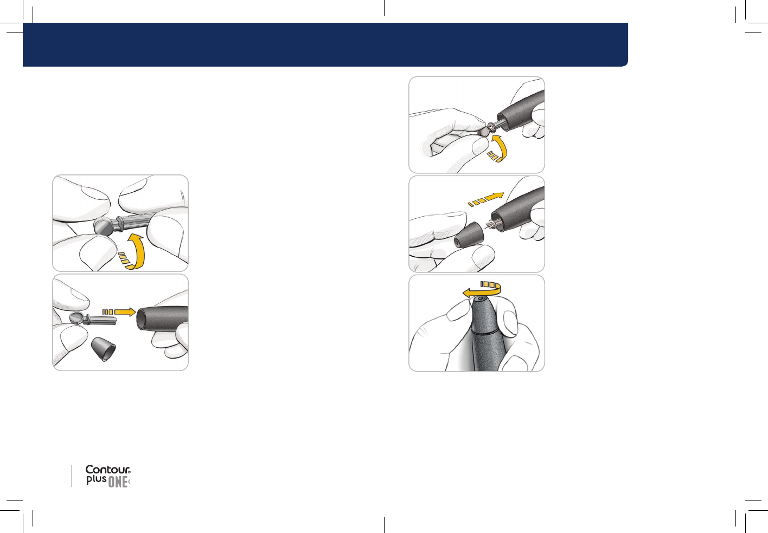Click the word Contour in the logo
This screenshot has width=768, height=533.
coord(107,470)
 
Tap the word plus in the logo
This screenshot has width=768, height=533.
coord(97,480)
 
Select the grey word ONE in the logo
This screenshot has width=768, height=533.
coord(118,482)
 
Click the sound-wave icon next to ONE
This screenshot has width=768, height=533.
coord(129,482)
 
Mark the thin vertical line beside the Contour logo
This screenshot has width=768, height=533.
coord(72,476)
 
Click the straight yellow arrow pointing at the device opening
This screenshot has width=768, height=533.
coord(119,312)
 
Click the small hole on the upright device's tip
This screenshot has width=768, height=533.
coord(481,299)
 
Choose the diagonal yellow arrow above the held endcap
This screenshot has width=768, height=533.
coord(486,199)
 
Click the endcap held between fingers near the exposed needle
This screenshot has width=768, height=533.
coord(469,235)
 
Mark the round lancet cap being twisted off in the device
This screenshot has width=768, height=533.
coord(483,131)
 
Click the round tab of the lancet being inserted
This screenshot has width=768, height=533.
coord(76,318)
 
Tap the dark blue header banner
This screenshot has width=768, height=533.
coord(325,44)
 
